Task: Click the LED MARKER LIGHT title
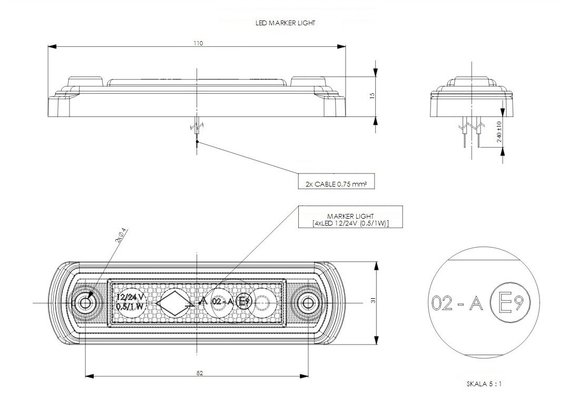point(285,23)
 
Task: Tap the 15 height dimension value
point(371,96)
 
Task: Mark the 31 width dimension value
point(373,300)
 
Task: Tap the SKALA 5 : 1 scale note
point(483,385)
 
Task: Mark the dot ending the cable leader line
point(197,142)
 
